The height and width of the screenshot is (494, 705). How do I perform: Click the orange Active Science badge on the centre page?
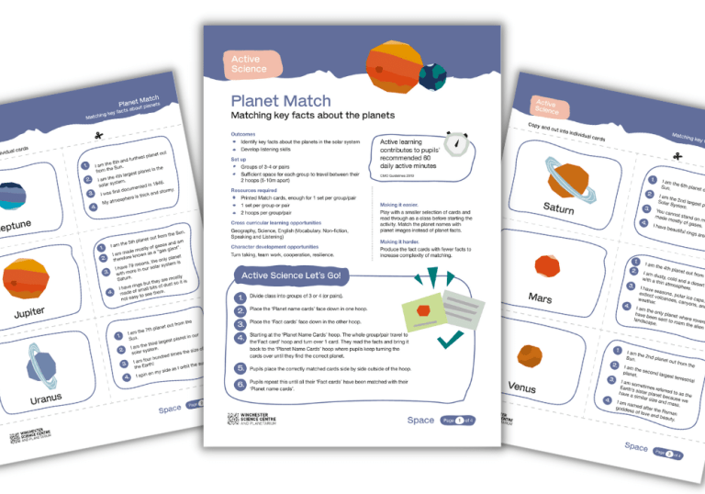(x=250, y=63)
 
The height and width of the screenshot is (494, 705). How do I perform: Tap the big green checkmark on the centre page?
(x=449, y=342)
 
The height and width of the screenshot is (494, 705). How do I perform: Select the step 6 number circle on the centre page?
(x=240, y=383)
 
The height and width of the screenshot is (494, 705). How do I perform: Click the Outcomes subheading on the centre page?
(x=244, y=134)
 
